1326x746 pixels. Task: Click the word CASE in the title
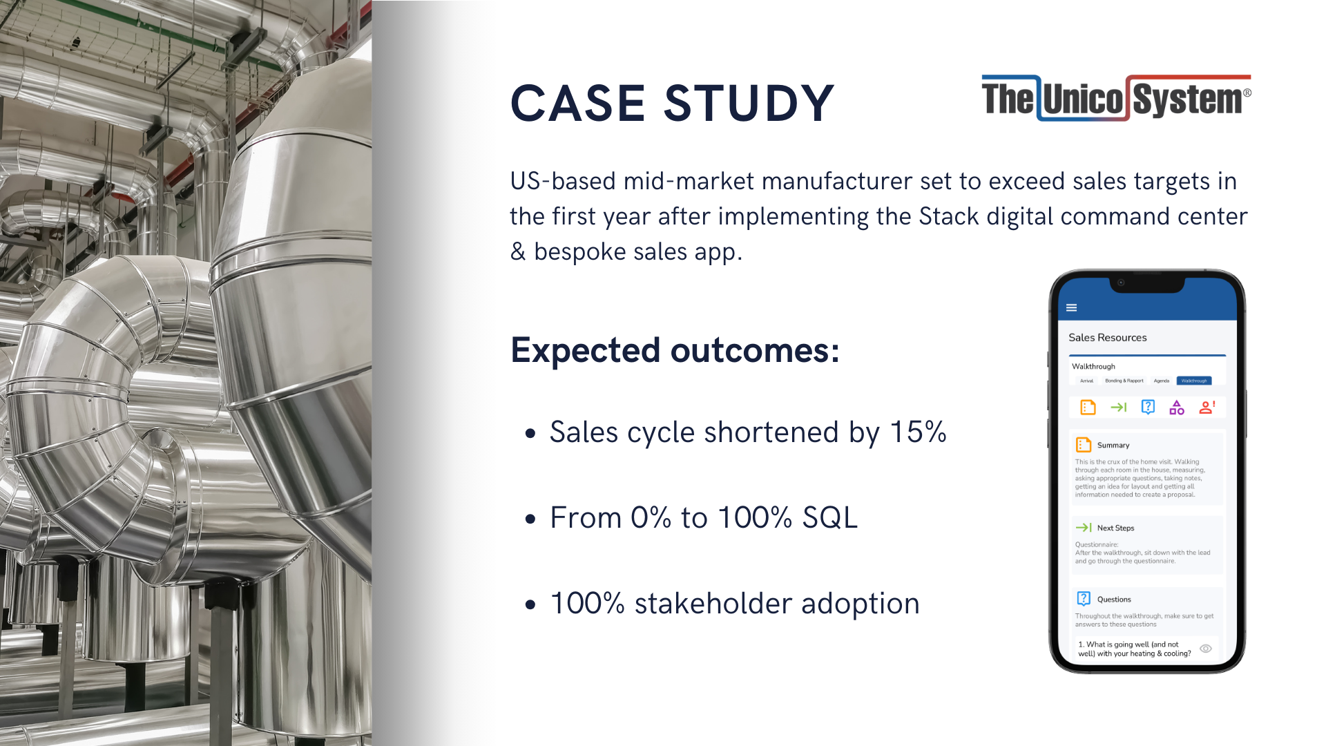(577, 104)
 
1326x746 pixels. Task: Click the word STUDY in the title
(749, 104)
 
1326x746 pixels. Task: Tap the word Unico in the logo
(1083, 99)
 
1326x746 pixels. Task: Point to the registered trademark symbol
(1247, 93)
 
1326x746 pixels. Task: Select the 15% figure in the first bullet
(917, 432)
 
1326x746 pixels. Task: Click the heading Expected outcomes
(675, 350)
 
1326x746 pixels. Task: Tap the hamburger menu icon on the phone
(1071, 308)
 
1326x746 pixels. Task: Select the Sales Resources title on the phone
(1107, 338)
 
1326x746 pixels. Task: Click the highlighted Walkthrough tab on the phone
(1193, 381)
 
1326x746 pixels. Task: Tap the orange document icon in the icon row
(1088, 408)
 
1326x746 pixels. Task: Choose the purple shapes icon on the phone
(1177, 408)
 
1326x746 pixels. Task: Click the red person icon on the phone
(1207, 408)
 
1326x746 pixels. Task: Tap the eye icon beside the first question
(1206, 649)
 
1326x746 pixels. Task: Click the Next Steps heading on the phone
(1115, 528)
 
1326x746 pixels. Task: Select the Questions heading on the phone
(1113, 600)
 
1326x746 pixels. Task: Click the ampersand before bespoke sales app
(518, 251)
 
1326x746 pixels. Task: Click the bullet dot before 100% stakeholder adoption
(530, 605)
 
